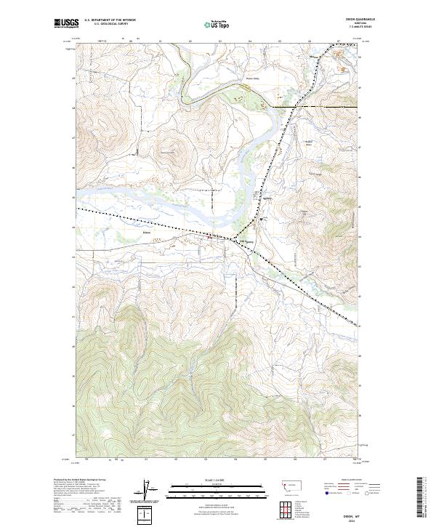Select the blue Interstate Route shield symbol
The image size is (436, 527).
(x=324, y=492)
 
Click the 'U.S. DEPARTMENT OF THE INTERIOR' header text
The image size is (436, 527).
(x=109, y=19)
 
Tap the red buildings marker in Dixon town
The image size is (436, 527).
(x=210, y=236)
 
